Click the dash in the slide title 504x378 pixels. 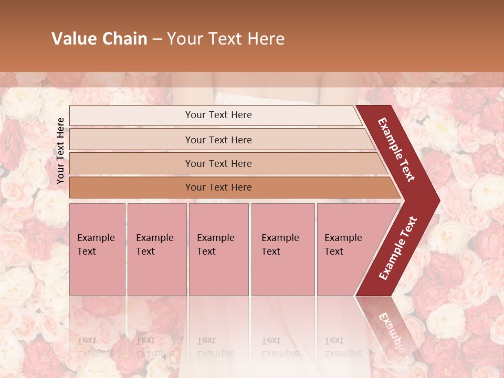coord(157,39)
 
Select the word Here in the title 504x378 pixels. coord(266,39)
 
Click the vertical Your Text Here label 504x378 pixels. coord(60,151)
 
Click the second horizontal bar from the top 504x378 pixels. coord(218,140)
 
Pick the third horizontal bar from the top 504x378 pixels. coord(218,163)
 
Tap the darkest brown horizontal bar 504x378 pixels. coord(218,187)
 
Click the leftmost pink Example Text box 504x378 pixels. coord(97,249)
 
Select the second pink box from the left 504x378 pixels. coord(156,249)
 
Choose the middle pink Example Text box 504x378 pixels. coord(218,249)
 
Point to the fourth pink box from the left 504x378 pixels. coord(282,249)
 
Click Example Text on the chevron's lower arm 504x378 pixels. coord(398,248)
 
